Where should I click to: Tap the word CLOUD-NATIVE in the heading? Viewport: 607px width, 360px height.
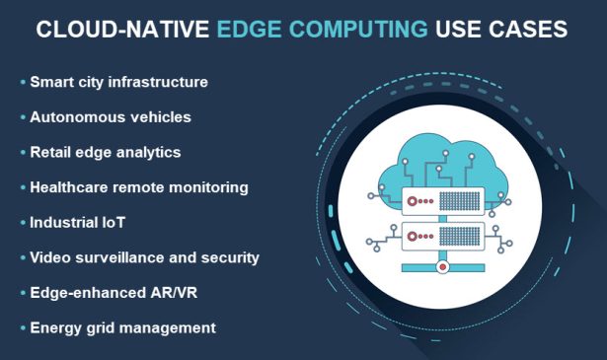pyautogui.click(x=124, y=31)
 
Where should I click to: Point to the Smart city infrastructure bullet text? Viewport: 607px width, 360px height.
pyautogui.click(x=118, y=82)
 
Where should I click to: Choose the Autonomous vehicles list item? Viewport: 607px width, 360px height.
pyautogui.click(x=111, y=117)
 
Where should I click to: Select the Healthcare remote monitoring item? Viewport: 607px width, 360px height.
pyautogui.click(x=138, y=186)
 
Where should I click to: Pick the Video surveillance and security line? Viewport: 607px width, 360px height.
pyautogui.click(x=144, y=257)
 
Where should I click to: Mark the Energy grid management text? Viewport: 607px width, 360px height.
pyautogui.click(x=122, y=327)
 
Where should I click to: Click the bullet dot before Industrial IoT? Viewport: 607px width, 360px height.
pyautogui.click(x=23, y=223)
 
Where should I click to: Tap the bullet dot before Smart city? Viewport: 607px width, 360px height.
pyautogui.click(x=23, y=83)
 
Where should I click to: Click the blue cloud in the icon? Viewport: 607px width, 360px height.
pyautogui.click(x=443, y=158)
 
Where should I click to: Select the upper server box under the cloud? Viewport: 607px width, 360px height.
pyautogui.click(x=443, y=200)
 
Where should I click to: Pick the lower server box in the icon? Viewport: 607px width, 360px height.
pyautogui.click(x=443, y=236)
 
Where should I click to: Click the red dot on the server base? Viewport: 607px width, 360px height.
pyautogui.click(x=443, y=266)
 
